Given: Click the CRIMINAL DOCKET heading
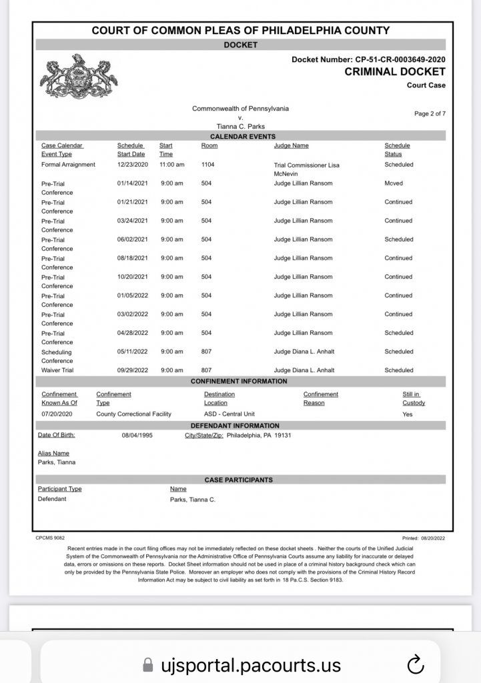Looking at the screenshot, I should click(x=394, y=72).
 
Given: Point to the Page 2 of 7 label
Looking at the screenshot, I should click(x=430, y=113).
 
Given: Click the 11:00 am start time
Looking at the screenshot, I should click(x=171, y=165).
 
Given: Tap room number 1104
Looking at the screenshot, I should click(x=208, y=165).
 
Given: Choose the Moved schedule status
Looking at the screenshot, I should click(x=394, y=183).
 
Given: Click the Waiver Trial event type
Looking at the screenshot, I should click(x=57, y=370).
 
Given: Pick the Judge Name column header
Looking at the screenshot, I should click(x=291, y=145).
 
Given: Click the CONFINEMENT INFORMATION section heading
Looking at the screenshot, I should click(x=239, y=382).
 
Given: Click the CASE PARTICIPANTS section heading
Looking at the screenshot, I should click(x=238, y=480).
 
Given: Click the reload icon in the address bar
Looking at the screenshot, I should click(x=415, y=664).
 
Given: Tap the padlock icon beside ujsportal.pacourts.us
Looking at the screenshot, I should click(x=148, y=665).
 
